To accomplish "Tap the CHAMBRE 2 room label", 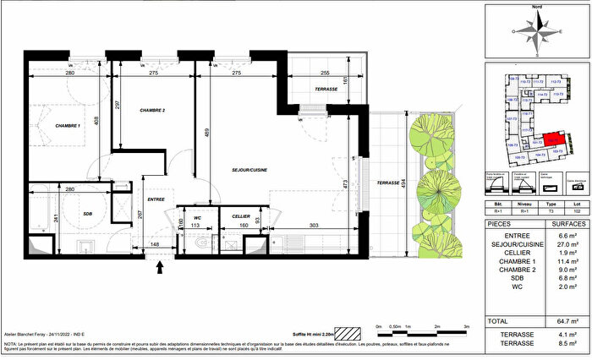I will pos(152,111).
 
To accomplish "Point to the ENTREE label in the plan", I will pos(157,199).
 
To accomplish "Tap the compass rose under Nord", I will pos(537,33).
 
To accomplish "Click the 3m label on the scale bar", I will pos(467,325).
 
